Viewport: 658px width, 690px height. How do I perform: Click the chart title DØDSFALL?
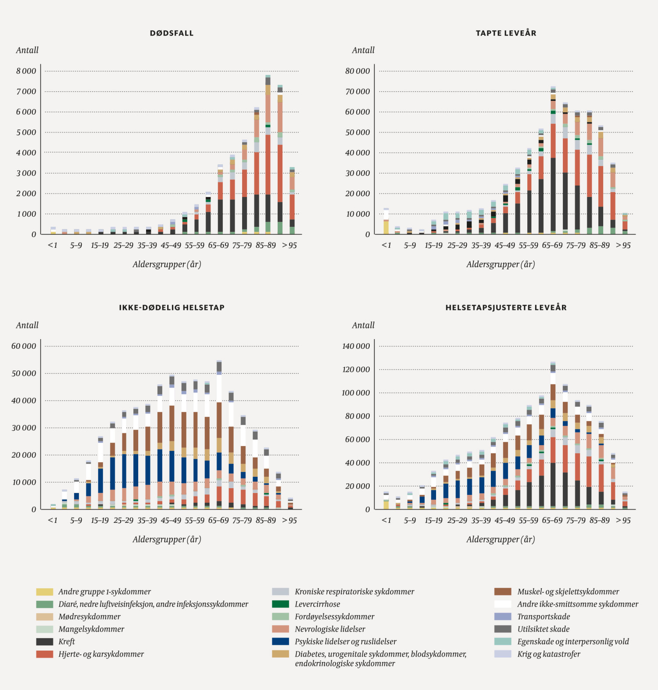pyautogui.click(x=172, y=33)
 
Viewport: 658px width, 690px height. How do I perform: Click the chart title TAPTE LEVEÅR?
pyautogui.click(x=506, y=33)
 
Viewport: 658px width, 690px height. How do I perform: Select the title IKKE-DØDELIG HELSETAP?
pyautogui.click(x=172, y=307)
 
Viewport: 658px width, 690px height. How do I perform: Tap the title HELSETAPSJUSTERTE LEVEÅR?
pyautogui.click(x=506, y=307)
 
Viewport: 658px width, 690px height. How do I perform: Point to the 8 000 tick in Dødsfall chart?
pyautogui.click(x=26, y=71)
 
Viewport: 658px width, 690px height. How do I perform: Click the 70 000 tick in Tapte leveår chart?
pyautogui.click(x=357, y=91)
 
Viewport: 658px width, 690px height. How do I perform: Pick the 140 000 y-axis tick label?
pyautogui.click(x=356, y=346)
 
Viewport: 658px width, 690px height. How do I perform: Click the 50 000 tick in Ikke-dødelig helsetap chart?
pyautogui.click(x=24, y=373)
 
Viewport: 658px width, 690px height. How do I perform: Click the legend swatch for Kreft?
pyautogui.click(x=44, y=641)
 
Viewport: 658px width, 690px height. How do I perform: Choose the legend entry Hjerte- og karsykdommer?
pyautogui.click(x=101, y=654)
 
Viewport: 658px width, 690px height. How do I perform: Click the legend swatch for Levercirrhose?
pyautogui.click(x=280, y=604)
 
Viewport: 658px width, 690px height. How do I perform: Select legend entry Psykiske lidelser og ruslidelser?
pyautogui.click(x=345, y=641)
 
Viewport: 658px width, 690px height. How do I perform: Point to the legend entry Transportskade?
pyautogui.click(x=544, y=616)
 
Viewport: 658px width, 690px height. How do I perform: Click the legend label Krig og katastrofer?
pyautogui.click(x=548, y=654)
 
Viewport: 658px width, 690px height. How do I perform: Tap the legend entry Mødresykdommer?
pyautogui.click(x=89, y=616)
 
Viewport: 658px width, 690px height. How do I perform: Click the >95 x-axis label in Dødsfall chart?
pyautogui.click(x=290, y=245)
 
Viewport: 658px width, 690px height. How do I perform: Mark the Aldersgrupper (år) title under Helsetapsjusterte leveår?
pyautogui.click(x=501, y=539)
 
